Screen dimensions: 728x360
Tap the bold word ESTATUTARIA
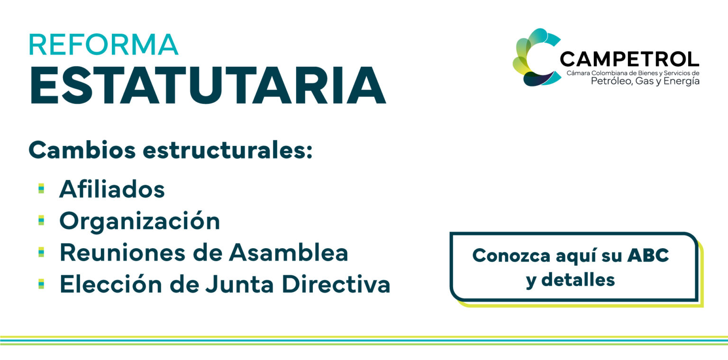[x=208, y=85]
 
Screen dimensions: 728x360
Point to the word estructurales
[x=227, y=151]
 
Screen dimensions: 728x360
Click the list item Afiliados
[x=112, y=189]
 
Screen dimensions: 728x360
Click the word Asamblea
[x=289, y=252]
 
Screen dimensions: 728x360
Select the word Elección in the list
[x=111, y=284]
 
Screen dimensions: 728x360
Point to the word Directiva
[x=336, y=284]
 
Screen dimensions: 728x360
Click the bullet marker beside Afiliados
[x=41, y=189]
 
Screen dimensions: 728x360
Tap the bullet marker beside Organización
[x=41, y=220]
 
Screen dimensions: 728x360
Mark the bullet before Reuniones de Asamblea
[x=41, y=252]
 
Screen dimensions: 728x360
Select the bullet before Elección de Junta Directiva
[x=41, y=284]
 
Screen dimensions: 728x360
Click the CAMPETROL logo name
[x=629, y=59]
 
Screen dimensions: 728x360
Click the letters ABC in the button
[x=648, y=255]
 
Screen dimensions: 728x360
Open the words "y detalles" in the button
[x=570, y=280]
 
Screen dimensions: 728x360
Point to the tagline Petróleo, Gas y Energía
[x=645, y=81]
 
